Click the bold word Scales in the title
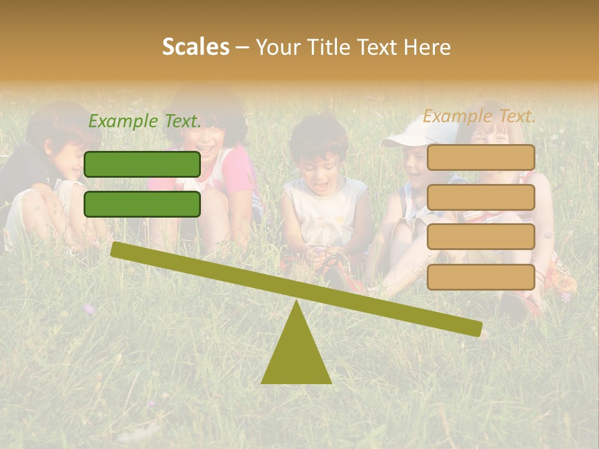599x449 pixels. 195,47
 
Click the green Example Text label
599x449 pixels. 145,122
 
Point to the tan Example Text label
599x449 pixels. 479,116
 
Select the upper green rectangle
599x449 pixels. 142,164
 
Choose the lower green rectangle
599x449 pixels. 142,204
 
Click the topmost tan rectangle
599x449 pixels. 480,158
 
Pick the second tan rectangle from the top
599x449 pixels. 480,197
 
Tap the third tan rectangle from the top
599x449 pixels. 480,236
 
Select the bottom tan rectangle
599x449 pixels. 480,277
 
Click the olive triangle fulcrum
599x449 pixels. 296,355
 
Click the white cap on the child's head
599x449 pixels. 419,133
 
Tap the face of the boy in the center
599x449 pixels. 318,167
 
